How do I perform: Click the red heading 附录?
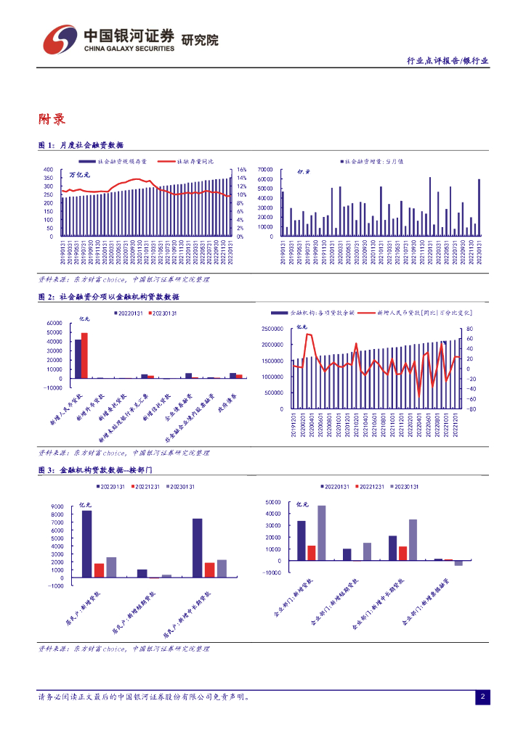52,120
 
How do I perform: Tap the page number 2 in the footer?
482,697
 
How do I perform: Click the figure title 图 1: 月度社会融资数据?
81,145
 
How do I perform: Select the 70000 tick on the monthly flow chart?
264,170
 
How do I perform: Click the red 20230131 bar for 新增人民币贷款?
84,356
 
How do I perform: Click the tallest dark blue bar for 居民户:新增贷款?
86,543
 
